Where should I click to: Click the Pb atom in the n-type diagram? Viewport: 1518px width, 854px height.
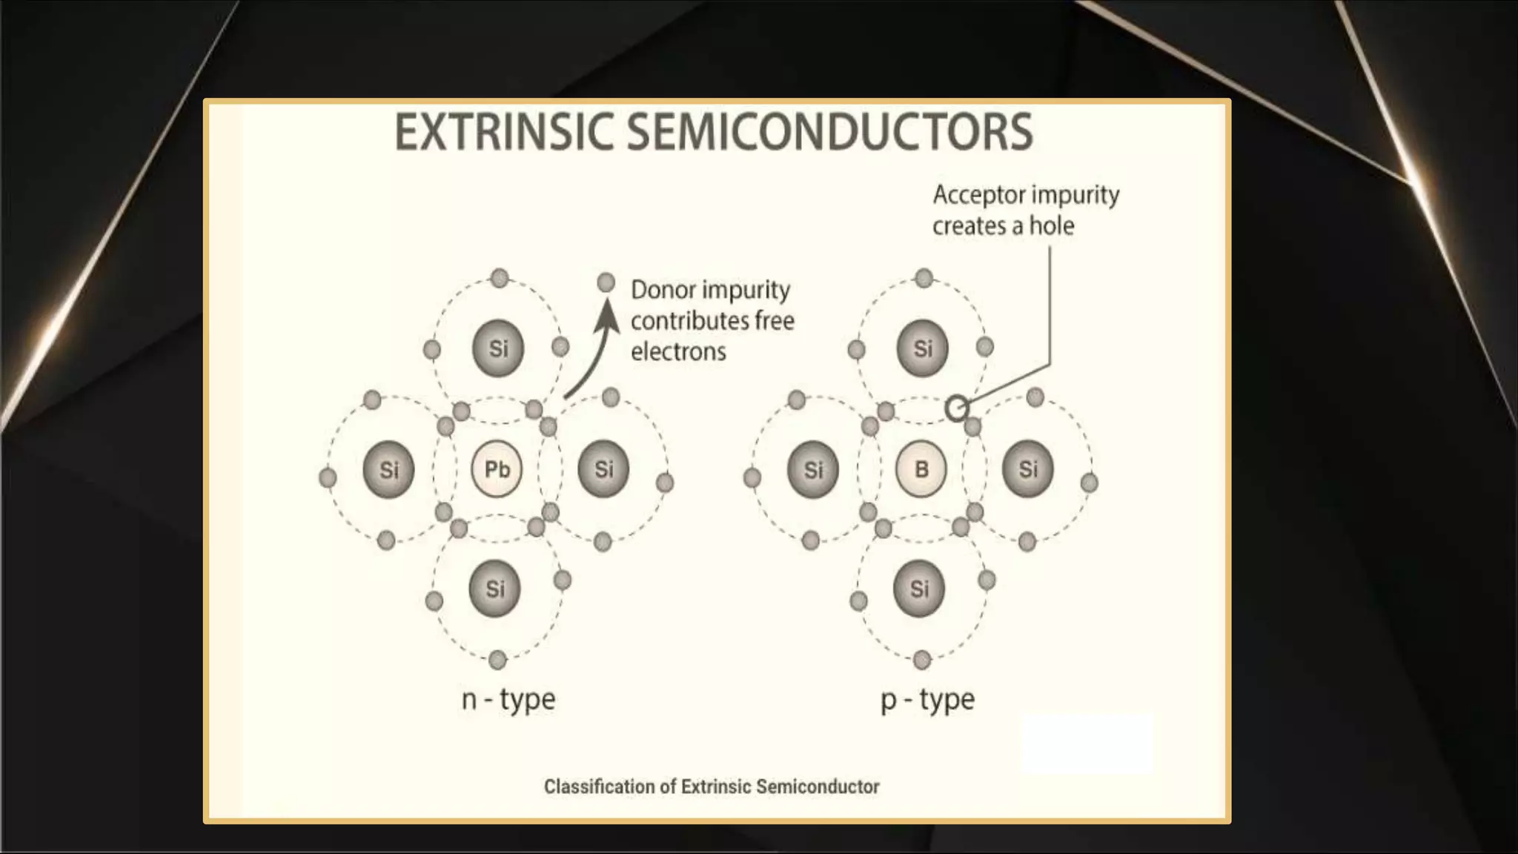[x=497, y=469]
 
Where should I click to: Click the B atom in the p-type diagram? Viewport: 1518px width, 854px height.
[x=921, y=469]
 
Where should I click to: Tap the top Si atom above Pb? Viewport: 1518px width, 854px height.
[x=498, y=348]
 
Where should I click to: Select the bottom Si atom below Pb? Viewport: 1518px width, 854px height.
[x=495, y=589]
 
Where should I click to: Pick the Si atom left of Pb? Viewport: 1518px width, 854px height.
[x=389, y=469]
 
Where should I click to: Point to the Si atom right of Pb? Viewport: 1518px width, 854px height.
[x=604, y=469]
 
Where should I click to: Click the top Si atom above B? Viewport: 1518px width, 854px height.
[x=923, y=348]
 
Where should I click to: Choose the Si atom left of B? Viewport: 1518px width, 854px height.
[x=813, y=469]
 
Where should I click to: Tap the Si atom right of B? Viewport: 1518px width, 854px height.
[x=1028, y=469]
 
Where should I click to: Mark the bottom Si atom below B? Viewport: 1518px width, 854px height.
[x=919, y=589]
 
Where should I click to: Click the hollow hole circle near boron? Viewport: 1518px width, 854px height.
[x=957, y=408]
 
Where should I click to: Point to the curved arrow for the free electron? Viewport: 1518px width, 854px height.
[x=593, y=356]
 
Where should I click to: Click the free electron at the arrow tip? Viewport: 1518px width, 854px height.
[x=606, y=282]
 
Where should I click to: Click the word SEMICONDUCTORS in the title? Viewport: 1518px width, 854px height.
[x=830, y=132]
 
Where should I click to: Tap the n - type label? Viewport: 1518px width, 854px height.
[x=508, y=699]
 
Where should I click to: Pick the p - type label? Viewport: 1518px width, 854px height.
[x=928, y=699]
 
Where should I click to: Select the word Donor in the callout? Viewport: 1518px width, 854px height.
[x=663, y=290]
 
